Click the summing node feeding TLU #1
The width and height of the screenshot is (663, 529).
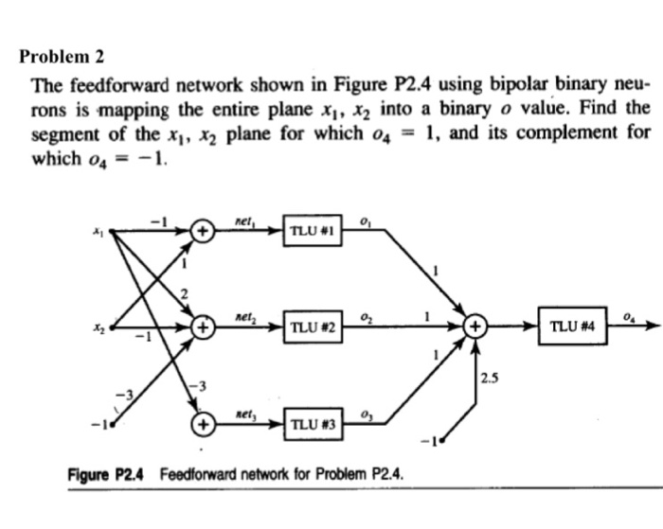(x=202, y=229)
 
